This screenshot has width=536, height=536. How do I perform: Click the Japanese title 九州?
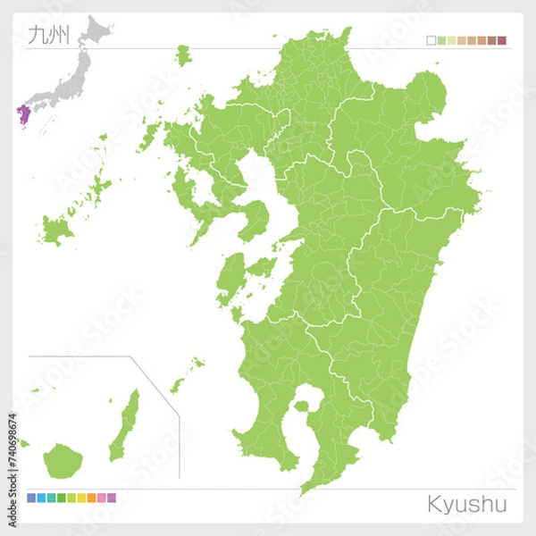[x=46, y=37]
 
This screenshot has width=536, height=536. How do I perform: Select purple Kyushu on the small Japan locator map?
[x=22, y=113]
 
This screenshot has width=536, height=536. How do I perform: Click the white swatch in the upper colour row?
[x=431, y=40]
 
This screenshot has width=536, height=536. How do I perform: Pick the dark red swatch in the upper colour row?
[x=502, y=40]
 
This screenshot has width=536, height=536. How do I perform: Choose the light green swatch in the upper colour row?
[x=451, y=40]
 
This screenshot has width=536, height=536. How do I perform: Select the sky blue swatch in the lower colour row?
[x=42, y=498]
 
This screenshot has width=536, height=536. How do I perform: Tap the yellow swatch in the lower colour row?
[x=81, y=498]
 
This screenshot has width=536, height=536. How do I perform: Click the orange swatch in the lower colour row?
[x=91, y=498]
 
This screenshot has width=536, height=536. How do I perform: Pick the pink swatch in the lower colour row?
[x=101, y=498]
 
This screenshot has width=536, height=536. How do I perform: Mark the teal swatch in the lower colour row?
[x=52, y=498]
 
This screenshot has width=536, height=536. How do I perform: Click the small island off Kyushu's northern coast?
[x=183, y=54]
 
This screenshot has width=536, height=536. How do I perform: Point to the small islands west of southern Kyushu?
[x=187, y=376]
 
